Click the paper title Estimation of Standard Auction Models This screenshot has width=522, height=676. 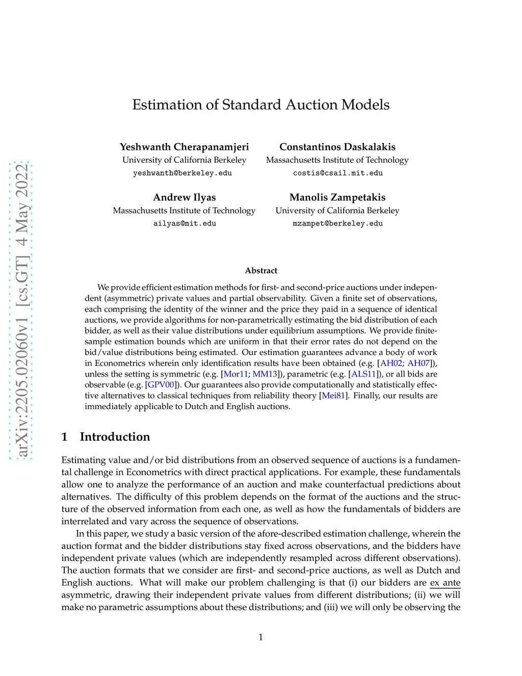point(260,105)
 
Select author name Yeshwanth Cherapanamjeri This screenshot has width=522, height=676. point(184,147)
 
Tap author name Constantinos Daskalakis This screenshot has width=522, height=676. point(337,147)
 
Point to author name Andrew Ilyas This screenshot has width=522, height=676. point(184,197)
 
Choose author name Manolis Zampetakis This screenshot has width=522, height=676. point(337,197)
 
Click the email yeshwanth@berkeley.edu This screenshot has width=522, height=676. point(182,173)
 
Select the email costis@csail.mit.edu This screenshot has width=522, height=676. point(337,173)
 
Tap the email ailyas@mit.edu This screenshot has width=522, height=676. point(185,223)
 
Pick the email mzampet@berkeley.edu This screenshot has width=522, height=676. point(337,223)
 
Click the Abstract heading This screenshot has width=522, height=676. point(261,270)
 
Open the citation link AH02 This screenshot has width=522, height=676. point(391,363)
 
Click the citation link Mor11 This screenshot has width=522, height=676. point(236,374)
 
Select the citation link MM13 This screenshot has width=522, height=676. point(265,374)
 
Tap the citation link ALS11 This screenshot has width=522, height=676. point(363,374)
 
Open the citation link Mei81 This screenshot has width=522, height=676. point(333,395)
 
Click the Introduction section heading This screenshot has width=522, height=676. point(115,437)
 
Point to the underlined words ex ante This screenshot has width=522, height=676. point(445,583)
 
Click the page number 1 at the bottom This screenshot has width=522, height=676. point(260,637)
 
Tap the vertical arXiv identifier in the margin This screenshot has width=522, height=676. point(21,311)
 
